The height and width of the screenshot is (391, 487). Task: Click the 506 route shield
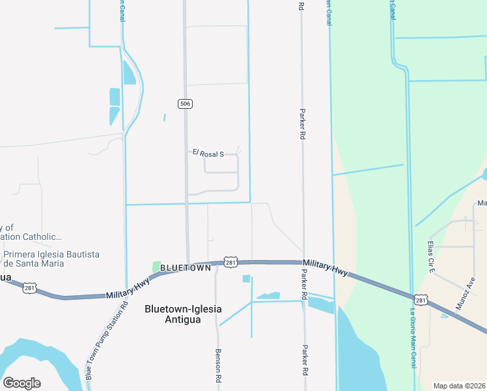pyautogui.click(x=186, y=104)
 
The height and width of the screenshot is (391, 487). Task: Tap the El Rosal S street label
pyautogui.click(x=208, y=154)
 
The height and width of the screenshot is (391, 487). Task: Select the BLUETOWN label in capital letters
pyautogui.click(x=186, y=268)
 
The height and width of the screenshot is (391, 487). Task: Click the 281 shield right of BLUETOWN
pyautogui.click(x=230, y=261)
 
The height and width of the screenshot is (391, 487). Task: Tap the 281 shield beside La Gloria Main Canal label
pyautogui.click(x=421, y=300)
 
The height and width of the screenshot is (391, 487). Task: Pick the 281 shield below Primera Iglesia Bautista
pyautogui.click(x=29, y=287)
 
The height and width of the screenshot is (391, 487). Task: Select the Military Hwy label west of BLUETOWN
pyautogui.click(x=128, y=287)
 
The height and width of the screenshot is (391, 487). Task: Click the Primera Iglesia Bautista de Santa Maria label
pyautogui.click(x=51, y=259)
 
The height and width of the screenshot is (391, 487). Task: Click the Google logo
pyautogui.click(x=21, y=383)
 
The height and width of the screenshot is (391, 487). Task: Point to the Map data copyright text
pyautogui.click(x=460, y=386)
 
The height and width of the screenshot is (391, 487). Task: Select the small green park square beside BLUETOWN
pyautogui.click(x=156, y=267)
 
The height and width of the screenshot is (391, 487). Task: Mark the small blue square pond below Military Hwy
pyautogui.click(x=246, y=279)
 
